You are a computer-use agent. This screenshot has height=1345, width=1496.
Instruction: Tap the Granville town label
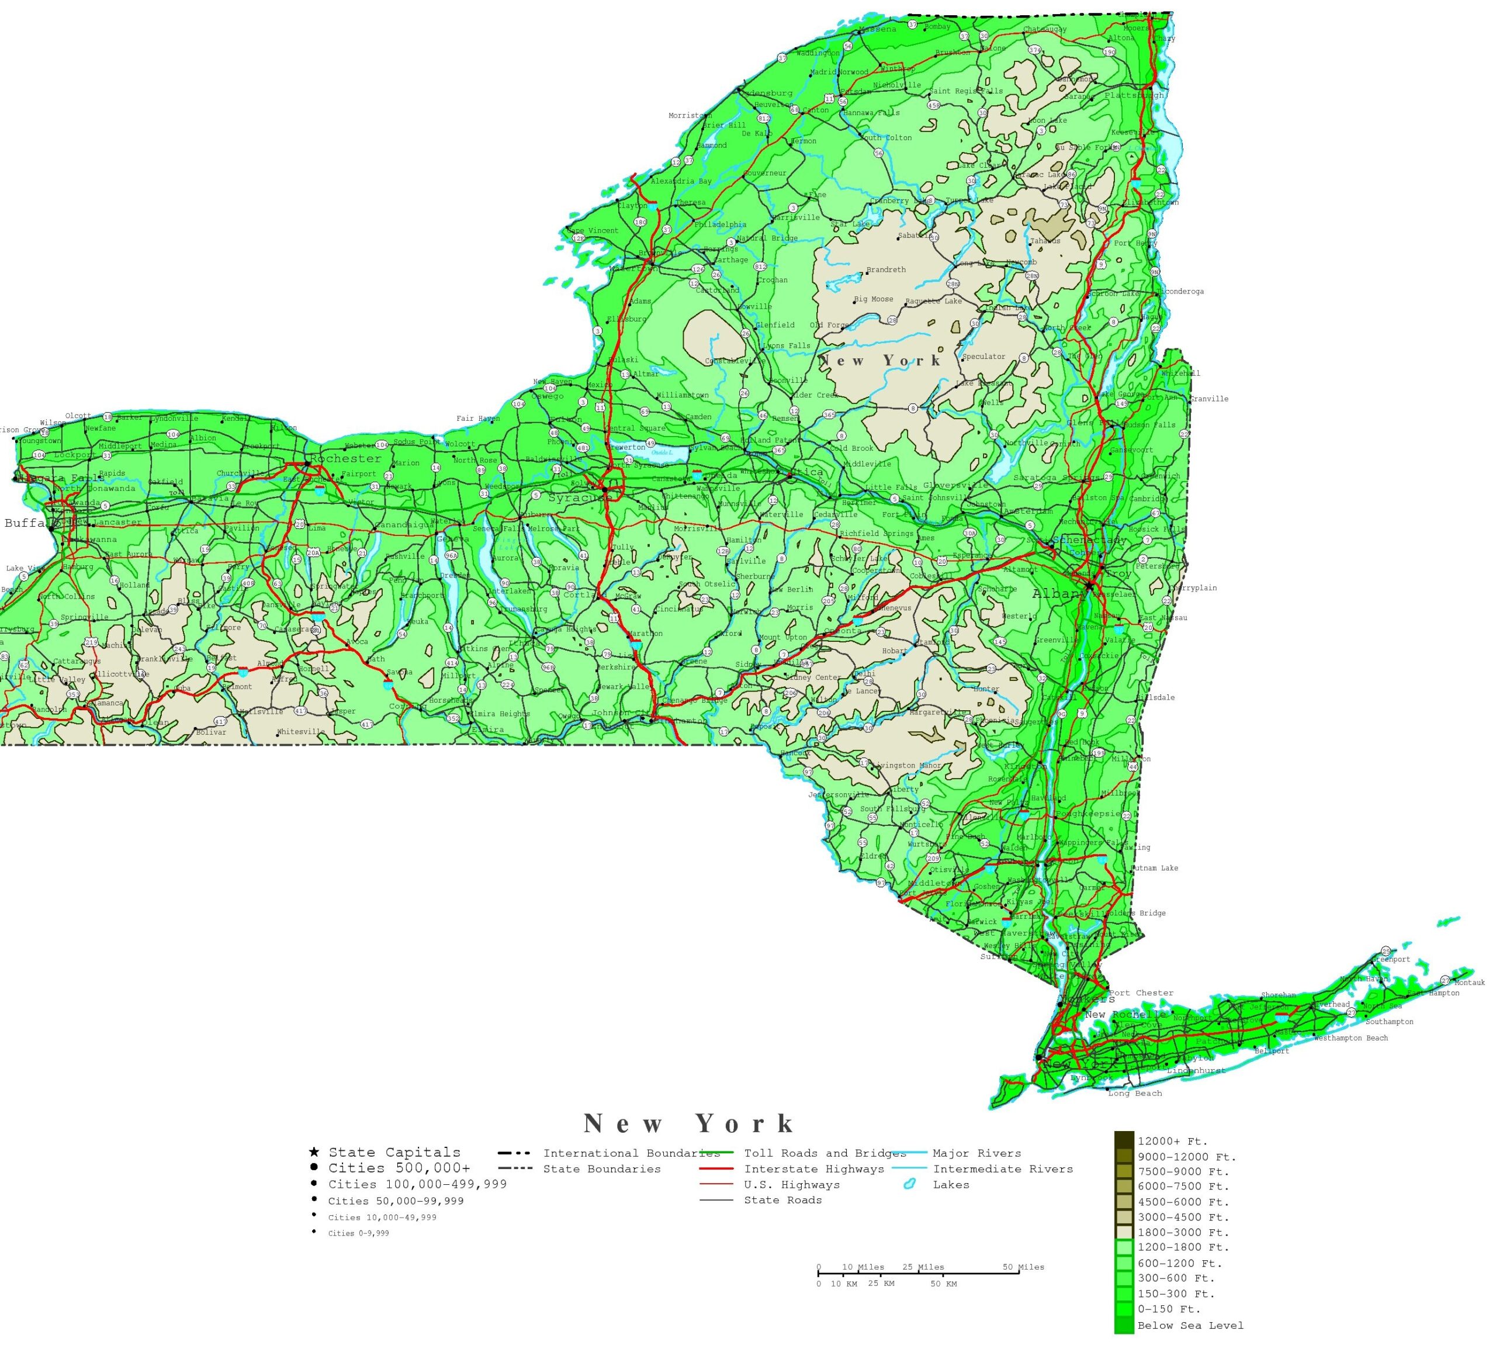(1208, 399)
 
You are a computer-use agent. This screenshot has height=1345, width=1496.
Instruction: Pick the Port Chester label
(1141, 993)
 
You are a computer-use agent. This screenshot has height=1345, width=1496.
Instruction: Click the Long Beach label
(1135, 1094)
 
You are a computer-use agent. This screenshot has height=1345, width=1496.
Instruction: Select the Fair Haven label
(478, 419)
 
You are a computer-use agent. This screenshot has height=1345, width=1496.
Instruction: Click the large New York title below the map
(688, 1124)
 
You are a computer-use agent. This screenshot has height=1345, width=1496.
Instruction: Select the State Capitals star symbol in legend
(314, 1152)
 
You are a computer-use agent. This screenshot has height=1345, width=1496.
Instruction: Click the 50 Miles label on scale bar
(1023, 1267)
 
